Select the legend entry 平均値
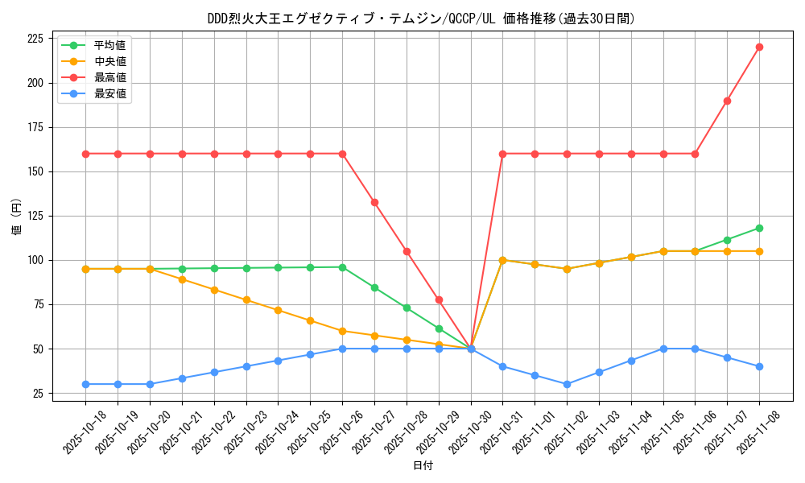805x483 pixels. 109,45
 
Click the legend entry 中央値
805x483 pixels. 109,61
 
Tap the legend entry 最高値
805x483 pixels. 109,77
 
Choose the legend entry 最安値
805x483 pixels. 109,93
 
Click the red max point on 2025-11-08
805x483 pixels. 759,47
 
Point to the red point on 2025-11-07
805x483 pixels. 727,101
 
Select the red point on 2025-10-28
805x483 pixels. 407,251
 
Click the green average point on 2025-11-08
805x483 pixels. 759,228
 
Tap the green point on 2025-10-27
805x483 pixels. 374,287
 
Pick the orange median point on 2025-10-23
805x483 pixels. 246,299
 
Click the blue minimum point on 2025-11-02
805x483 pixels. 567,384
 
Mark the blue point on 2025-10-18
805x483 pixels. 85,384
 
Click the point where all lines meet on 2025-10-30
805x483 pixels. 471,349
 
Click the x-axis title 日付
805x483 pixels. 422,466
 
